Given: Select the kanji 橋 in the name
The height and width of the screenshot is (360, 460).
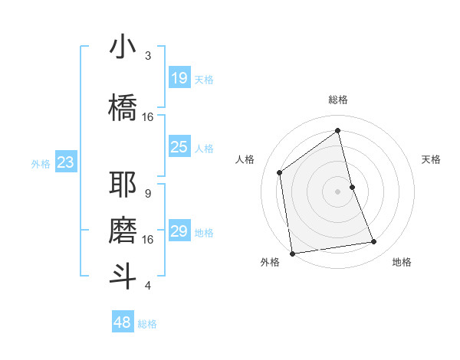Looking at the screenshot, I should [x=123, y=106].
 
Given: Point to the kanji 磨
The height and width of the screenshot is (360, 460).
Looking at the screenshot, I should [x=123, y=230].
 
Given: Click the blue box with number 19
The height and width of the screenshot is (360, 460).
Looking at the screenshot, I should [x=179, y=78].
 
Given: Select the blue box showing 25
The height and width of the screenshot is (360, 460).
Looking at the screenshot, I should [x=179, y=147].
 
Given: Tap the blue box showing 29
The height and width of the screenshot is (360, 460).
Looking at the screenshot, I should [x=179, y=231].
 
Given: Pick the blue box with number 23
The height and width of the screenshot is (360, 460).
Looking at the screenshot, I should [x=65, y=162].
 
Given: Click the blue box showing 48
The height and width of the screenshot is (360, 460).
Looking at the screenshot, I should [x=123, y=322].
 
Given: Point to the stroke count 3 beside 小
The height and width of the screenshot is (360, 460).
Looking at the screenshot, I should [x=148, y=56].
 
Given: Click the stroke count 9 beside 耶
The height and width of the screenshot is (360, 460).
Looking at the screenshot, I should [x=148, y=194].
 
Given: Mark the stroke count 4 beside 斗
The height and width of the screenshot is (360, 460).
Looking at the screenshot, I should [x=148, y=286].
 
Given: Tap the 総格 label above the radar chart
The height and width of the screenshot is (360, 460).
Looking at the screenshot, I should [x=338, y=100].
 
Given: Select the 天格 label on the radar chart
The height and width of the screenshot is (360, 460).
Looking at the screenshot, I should [x=431, y=159].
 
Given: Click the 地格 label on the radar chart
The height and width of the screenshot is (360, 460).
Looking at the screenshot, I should [x=402, y=262].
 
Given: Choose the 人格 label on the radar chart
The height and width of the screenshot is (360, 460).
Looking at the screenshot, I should [x=245, y=159].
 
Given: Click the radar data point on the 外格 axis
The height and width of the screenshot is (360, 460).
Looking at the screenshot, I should [x=292, y=253].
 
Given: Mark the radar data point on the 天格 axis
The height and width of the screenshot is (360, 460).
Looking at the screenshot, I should [x=352, y=187].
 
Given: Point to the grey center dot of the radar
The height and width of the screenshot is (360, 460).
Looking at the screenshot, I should [x=338, y=191].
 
